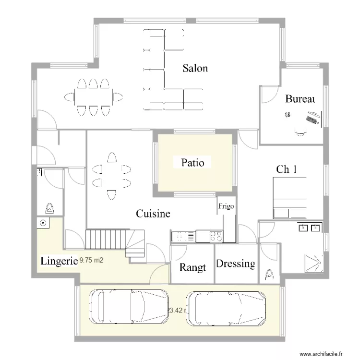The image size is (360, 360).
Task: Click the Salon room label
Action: point(195,68)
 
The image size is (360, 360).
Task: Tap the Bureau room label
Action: point(300,99)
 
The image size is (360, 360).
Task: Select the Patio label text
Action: point(192,163)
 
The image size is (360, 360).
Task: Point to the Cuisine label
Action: point(153,214)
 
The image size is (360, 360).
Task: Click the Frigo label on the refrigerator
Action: point(226,206)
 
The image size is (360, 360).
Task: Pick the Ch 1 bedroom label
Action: point(286,169)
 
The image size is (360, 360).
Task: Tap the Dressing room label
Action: point(235,264)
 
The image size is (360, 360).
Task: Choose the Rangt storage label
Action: point(192,267)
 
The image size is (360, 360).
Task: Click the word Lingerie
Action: point(59,261)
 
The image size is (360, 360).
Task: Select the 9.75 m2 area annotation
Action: point(92,261)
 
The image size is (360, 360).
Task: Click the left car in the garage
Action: point(129,310)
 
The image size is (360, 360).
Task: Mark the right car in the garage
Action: point(226,310)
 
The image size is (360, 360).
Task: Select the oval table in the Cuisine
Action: point(112,176)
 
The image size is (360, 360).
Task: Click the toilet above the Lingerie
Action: point(49,208)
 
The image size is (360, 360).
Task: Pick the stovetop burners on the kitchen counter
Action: point(215,236)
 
